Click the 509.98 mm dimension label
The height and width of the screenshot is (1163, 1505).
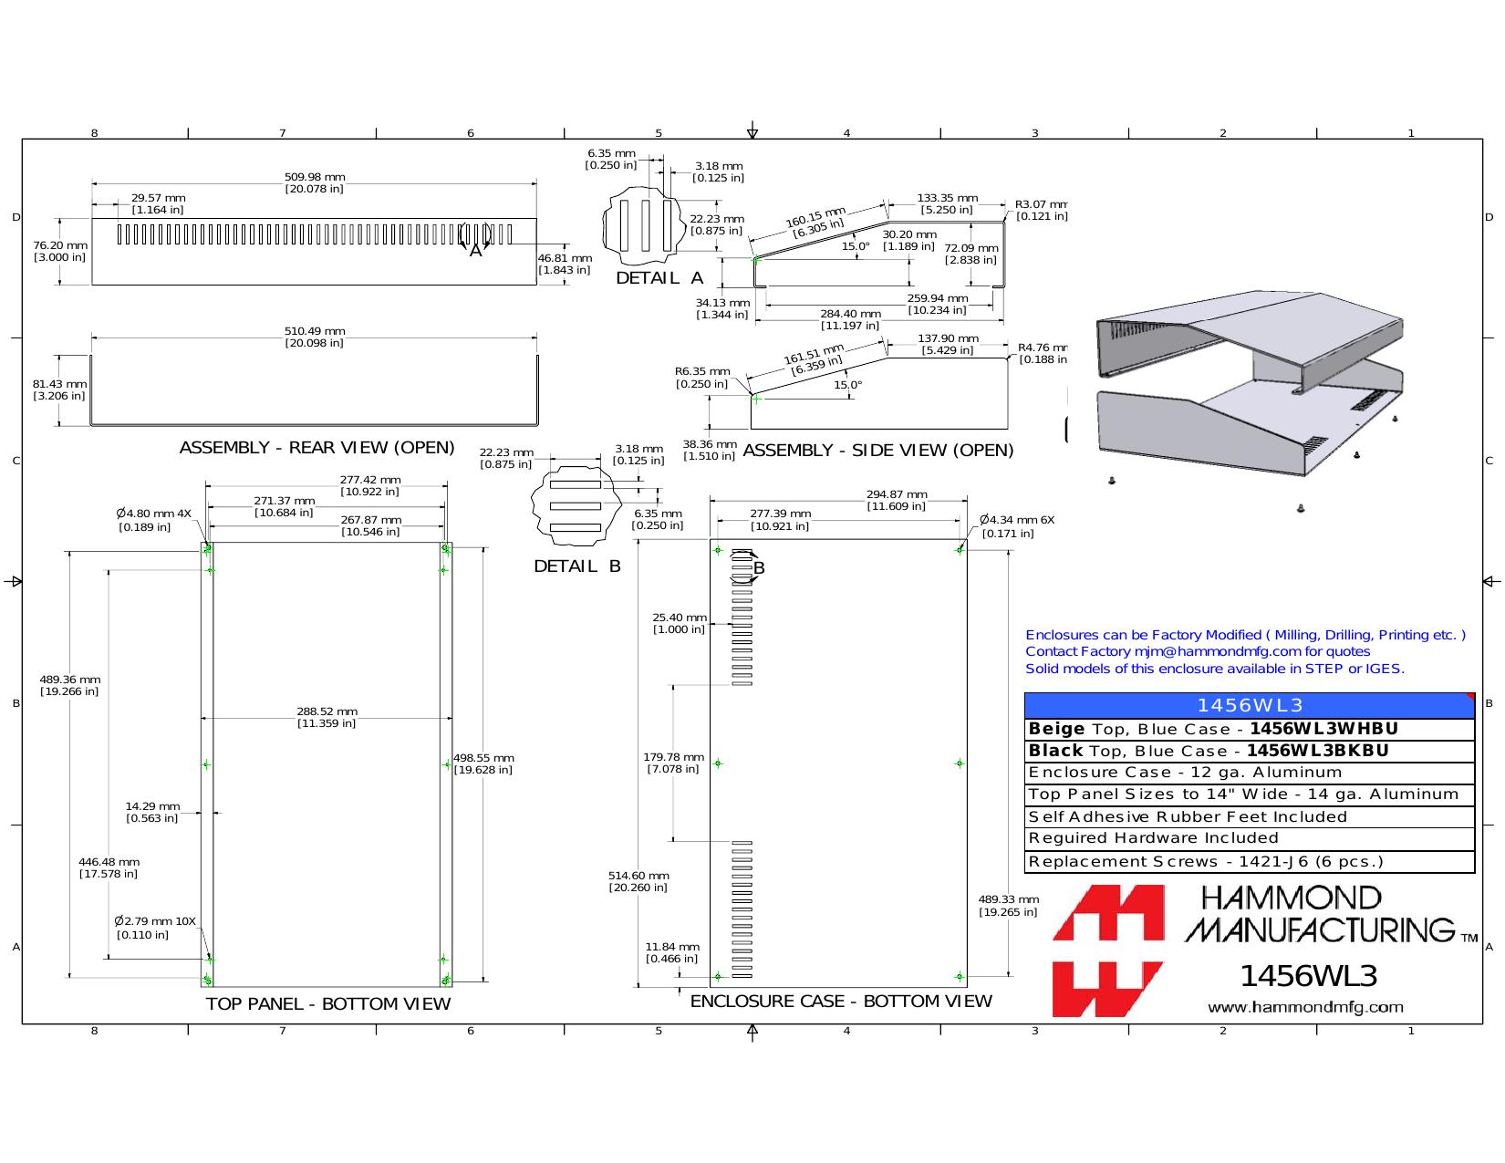[315, 182]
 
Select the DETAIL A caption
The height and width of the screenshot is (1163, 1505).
[659, 278]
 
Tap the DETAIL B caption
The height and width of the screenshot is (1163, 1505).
[577, 566]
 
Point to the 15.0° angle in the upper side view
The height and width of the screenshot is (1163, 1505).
[856, 246]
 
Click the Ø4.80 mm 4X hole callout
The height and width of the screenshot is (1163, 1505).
[153, 520]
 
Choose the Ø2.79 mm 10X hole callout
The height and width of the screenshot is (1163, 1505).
[155, 928]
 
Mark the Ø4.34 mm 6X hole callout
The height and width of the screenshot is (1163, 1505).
[1017, 526]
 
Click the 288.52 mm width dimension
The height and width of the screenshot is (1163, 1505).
[327, 717]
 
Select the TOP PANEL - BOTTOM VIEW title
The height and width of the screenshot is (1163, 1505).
[327, 1003]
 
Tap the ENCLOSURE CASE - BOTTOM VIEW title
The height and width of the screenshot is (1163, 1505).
[841, 1001]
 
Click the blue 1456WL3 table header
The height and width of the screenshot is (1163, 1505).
[1250, 705]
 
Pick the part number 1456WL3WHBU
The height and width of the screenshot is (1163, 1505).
[1323, 729]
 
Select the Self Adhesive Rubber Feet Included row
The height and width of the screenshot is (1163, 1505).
[1187, 816]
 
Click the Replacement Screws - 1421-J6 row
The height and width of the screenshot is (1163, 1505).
[1205, 861]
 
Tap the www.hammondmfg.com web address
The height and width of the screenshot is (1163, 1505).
[1305, 1007]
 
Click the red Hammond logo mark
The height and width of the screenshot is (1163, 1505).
[1107, 950]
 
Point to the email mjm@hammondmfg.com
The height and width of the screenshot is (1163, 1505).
[1218, 651]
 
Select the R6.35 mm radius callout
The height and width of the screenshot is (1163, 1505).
[702, 378]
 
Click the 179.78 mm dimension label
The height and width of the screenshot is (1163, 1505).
[673, 763]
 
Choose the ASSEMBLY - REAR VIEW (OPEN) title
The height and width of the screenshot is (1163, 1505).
[317, 448]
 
